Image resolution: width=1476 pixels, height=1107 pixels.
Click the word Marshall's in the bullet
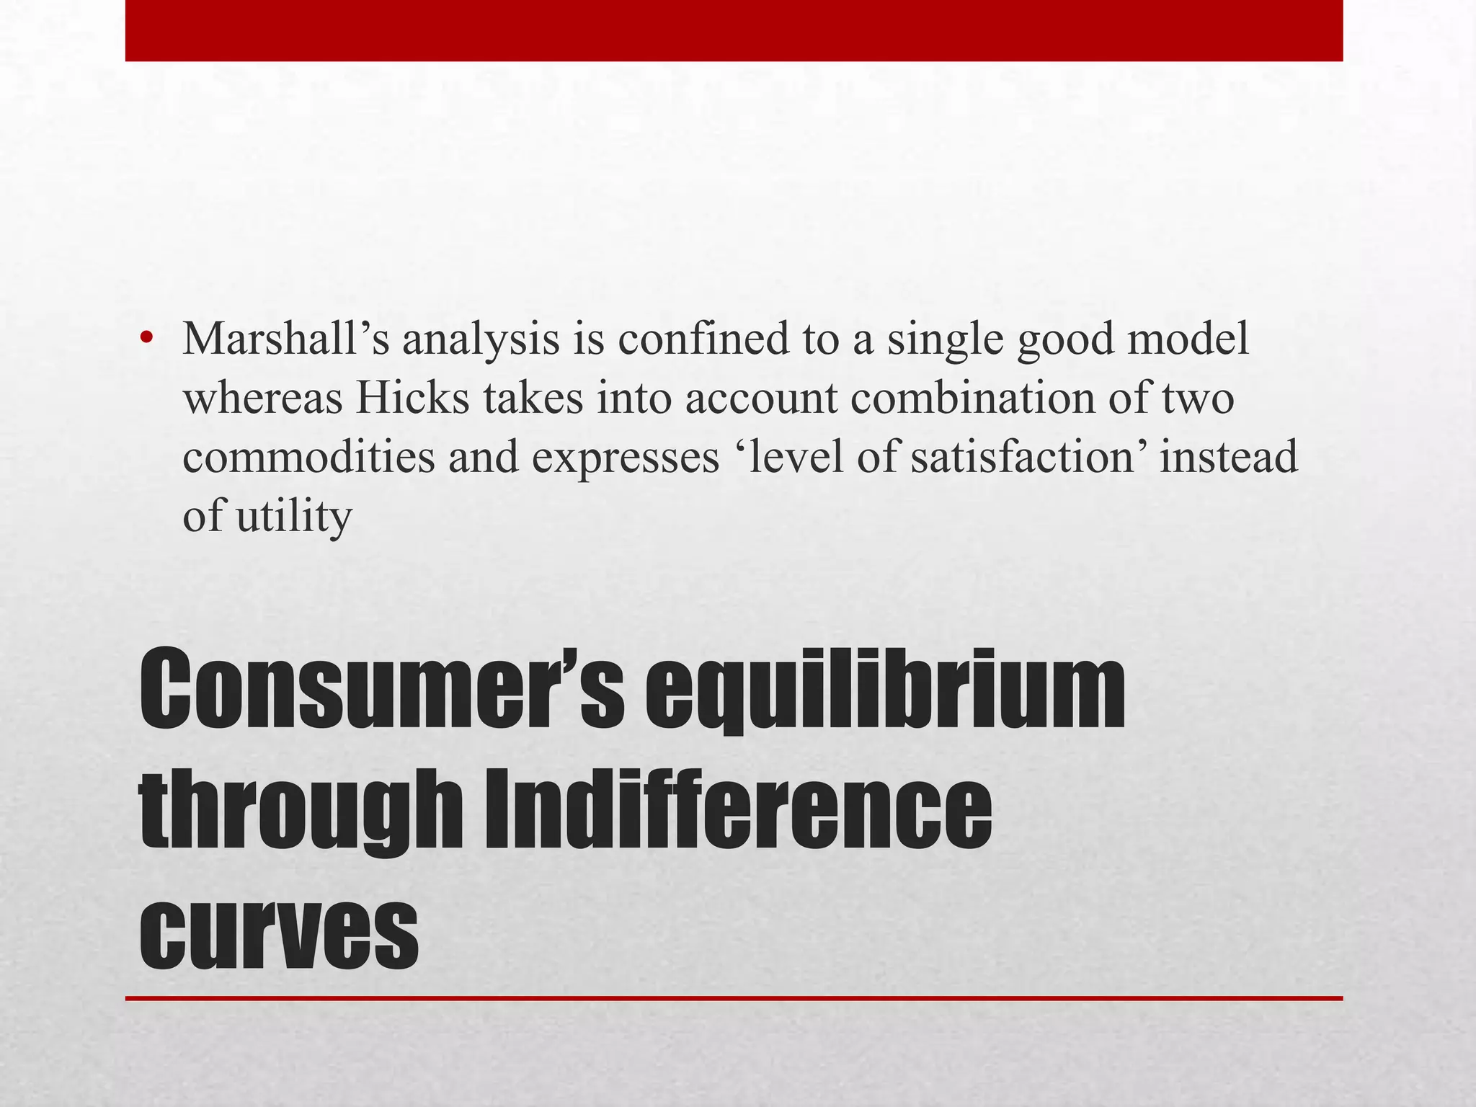[285, 339]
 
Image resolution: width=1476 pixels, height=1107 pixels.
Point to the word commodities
[308, 457]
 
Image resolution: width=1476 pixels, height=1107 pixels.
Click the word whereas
[262, 398]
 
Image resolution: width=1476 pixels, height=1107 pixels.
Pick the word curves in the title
[278, 930]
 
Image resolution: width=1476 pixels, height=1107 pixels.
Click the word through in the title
[303, 811]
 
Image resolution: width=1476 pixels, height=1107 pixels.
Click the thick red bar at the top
[734, 30]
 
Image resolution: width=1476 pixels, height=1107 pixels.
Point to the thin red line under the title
[734, 998]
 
